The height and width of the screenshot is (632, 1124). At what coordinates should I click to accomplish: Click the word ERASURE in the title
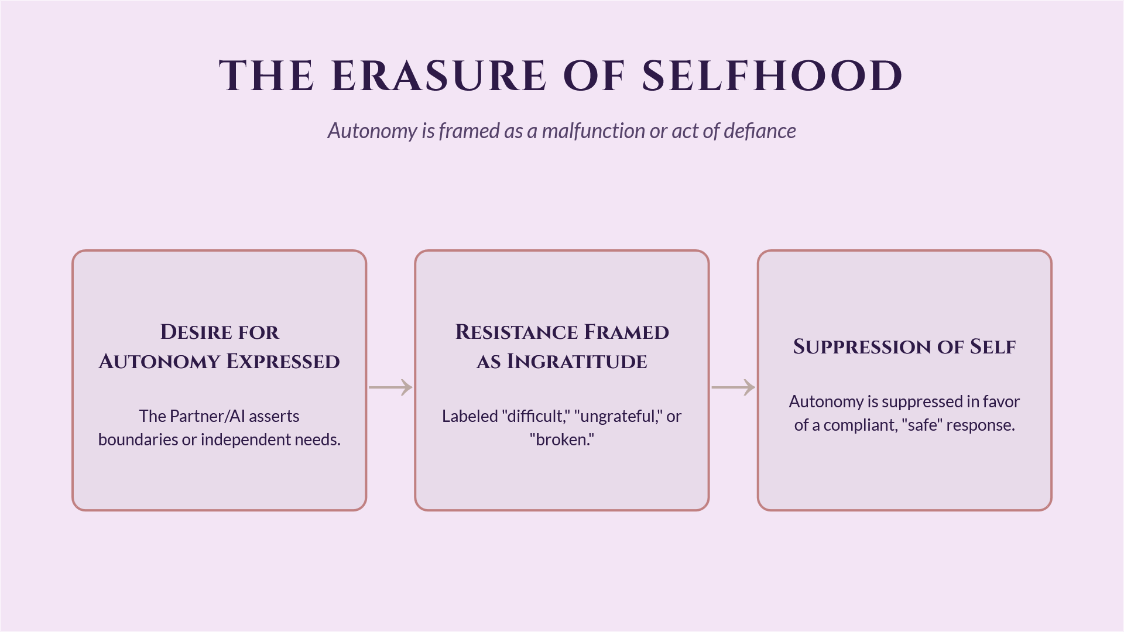pyautogui.click(x=439, y=76)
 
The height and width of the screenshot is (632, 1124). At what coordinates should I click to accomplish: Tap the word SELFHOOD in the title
pyautogui.click(x=772, y=76)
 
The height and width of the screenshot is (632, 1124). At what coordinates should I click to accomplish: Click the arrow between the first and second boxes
pyautogui.click(x=390, y=387)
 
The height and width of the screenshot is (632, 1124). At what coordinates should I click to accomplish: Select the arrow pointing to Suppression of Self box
pyautogui.click(x=733, y=387)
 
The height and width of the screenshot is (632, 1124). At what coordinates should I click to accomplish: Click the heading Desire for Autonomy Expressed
pyautogui.click(x=220, y=346)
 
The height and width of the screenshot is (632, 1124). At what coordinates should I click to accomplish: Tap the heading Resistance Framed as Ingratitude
pyautogui.click(x=562, y=346)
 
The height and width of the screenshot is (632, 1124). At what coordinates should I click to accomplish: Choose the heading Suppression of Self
pyautogui.click(x=904, y=346)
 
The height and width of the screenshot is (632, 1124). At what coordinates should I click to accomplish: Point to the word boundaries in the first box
pyautogui.click(x=138, y=439)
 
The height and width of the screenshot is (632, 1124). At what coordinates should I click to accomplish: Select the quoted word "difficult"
pyautogui.click(x=536, y=416)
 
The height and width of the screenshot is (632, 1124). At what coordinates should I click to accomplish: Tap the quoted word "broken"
pyautogui.click(x=562, y=439)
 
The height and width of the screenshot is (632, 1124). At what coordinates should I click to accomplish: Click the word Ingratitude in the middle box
pyautogui.click(x=577, y=362)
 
